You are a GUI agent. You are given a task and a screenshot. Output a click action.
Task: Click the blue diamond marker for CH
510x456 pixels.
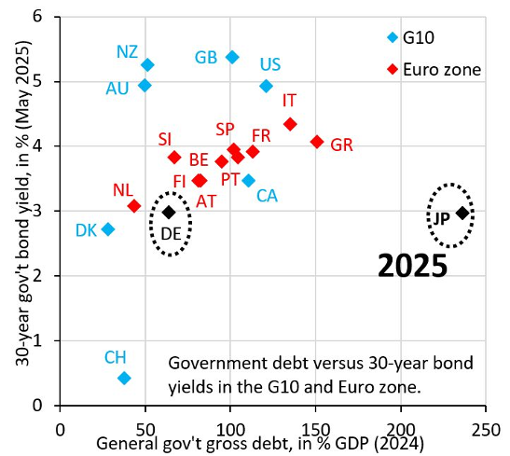(124, 378)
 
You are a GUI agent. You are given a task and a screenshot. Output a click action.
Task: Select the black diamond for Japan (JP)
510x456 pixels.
(462, 214)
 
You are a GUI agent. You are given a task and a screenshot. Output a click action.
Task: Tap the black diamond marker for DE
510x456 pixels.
(169, 212)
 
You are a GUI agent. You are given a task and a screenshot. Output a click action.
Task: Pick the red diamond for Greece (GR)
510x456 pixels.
(317, 142)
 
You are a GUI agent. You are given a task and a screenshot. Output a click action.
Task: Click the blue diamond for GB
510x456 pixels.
(232, 57)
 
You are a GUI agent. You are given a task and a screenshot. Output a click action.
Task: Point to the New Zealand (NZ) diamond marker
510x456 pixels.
(147, 64)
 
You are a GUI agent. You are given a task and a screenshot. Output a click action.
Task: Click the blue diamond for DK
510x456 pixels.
(108, 229)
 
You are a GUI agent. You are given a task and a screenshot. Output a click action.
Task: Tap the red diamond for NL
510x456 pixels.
(134, 206)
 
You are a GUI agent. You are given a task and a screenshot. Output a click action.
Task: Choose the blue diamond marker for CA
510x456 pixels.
(248, 180)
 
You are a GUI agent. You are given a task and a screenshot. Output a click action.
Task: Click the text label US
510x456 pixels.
(270, 64)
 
